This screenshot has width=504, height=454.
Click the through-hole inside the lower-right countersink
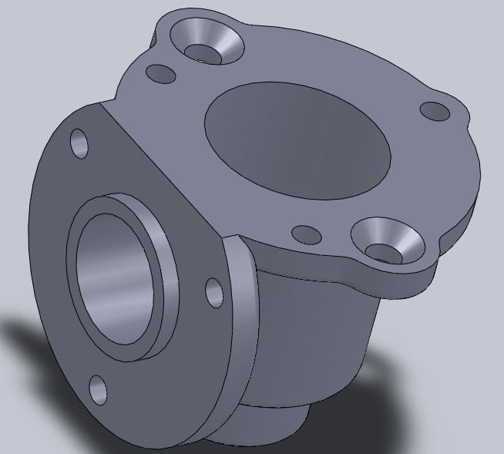[383, 251]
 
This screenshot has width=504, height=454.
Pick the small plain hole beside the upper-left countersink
[160, 74]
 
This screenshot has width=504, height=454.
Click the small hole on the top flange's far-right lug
[435, 111]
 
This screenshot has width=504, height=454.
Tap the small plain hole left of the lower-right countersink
[307, 234]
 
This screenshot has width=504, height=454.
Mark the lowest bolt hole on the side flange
[98, 389]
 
